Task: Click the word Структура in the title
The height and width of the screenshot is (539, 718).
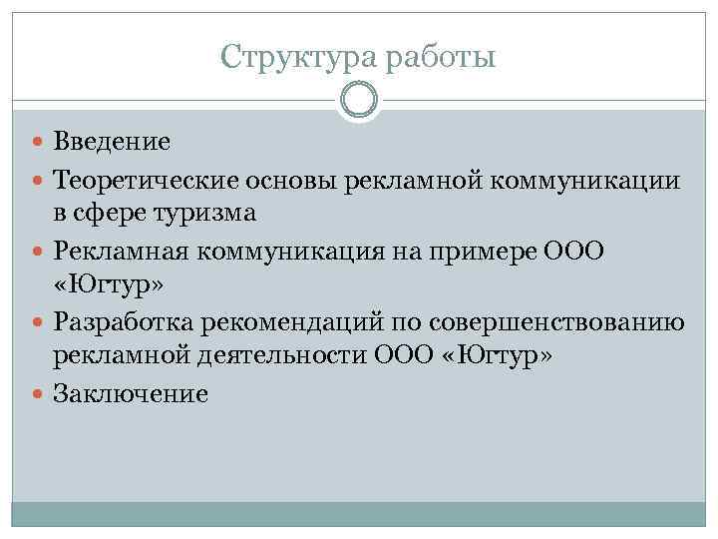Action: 286,56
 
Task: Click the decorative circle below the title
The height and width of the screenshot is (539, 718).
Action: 359,102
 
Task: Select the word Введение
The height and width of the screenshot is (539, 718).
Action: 112,141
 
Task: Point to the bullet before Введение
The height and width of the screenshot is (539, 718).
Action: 41,141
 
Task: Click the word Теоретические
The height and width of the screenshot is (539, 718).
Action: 142,182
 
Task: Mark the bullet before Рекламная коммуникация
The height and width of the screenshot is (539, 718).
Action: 41,254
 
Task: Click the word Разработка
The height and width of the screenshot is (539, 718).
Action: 129,324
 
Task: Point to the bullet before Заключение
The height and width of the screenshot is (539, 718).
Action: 41,394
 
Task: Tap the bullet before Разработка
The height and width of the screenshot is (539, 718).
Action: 41,324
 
